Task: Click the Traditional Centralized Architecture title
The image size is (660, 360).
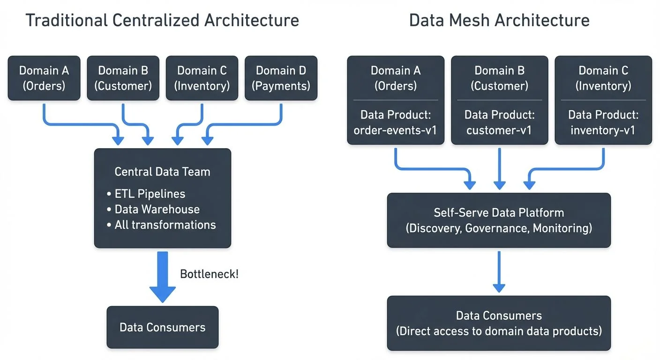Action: click(162, 21)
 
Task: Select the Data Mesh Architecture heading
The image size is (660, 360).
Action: click(499, 21)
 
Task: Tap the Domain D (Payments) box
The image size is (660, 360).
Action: click(281, 78)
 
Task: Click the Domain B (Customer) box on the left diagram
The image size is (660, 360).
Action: click(123, 78)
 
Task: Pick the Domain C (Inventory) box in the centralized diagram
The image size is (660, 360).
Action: click(202, 78)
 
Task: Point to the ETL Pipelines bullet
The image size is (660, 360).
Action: click(150, 194)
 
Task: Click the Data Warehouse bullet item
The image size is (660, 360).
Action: click(157, 209)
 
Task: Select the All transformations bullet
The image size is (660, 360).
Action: click(165, 225)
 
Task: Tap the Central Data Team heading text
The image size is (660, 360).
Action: click(162, 172)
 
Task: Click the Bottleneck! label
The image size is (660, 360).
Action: click(209, 274)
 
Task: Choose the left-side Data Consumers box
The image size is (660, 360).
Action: click(162, 327)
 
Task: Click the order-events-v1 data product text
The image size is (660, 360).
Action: click(395, 130)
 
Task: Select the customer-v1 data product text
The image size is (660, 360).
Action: click(499, 130)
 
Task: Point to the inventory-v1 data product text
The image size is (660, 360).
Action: click(603, 130)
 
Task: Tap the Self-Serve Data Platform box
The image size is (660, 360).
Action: click(499, 220)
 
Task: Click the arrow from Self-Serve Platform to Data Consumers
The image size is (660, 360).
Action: click(499, 272)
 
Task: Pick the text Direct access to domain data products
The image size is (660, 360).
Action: click(499, 331)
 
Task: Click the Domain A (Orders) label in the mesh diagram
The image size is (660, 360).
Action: click(395, 78)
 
